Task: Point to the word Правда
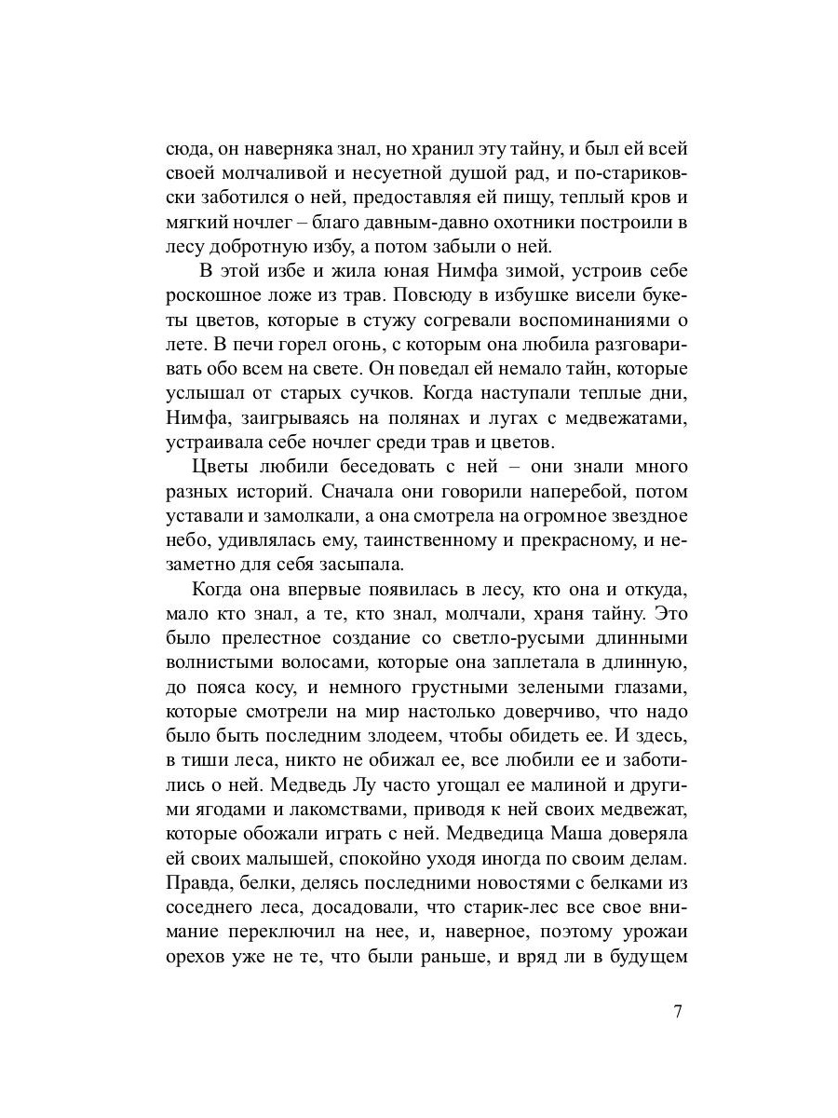(198, 879)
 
